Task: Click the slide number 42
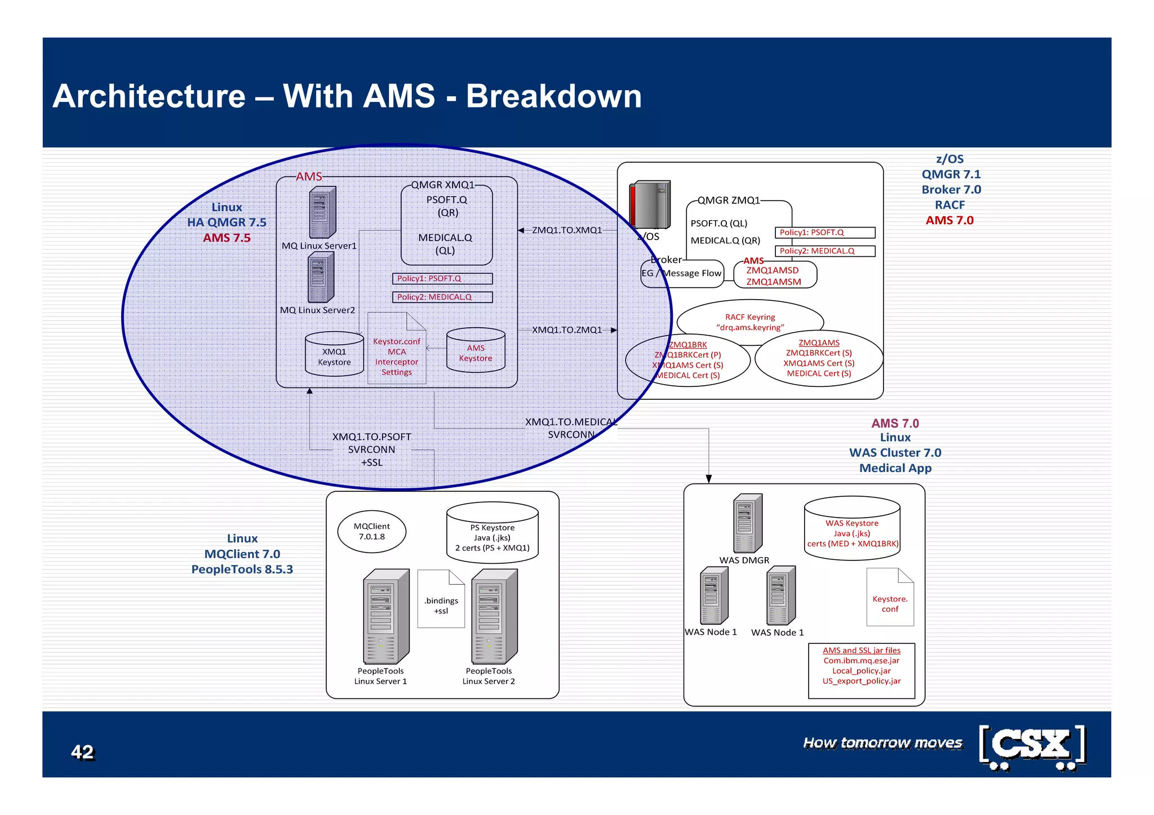tap(82, 752)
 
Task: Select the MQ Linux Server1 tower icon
tap(322, 212)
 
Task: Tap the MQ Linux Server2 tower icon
tap(321, 278)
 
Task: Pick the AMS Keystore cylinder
tap(476, 350)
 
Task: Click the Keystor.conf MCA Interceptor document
tap(397, 349)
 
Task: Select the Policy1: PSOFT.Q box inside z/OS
tap(825, 233)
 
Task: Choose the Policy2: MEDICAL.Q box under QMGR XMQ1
tap(442, 297)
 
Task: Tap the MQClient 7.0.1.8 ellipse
tap(372, 531)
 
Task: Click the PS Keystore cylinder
tap(492, 533)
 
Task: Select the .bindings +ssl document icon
tap(441, 599)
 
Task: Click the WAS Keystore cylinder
tap(852, 528)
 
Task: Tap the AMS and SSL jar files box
tap(862, 670)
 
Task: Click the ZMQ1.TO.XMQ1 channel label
tap(567, 230)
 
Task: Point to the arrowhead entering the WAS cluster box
tap(709, 479)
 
